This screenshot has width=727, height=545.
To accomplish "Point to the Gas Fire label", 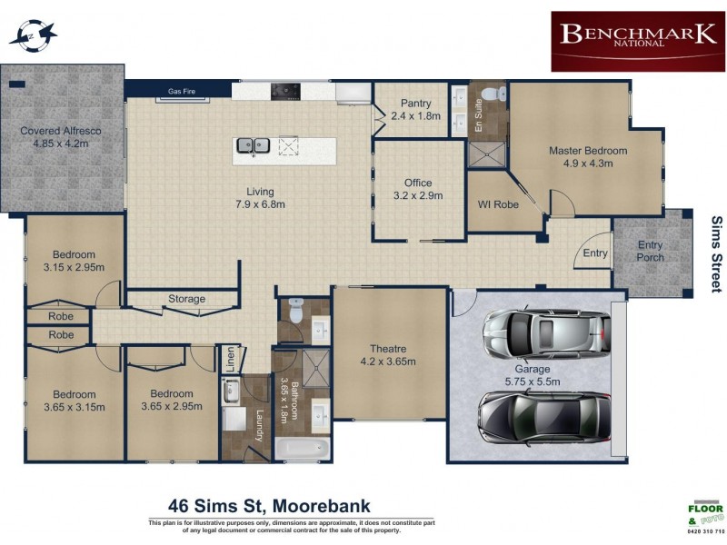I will click(x=183, y=91).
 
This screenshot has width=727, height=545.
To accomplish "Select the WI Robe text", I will click(x=498, y=204).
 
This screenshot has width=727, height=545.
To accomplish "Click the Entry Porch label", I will click(x=651, y=251).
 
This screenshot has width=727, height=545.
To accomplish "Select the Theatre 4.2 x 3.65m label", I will click(x=387, y=354).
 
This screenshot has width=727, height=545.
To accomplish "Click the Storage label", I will click(x=186, y=299).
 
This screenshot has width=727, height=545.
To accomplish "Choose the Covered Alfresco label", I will click(x=60, y=137).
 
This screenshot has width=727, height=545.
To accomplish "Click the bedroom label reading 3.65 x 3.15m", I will click(x=74, y=401).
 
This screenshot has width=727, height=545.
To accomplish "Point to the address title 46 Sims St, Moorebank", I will click(x=269, y=506).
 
